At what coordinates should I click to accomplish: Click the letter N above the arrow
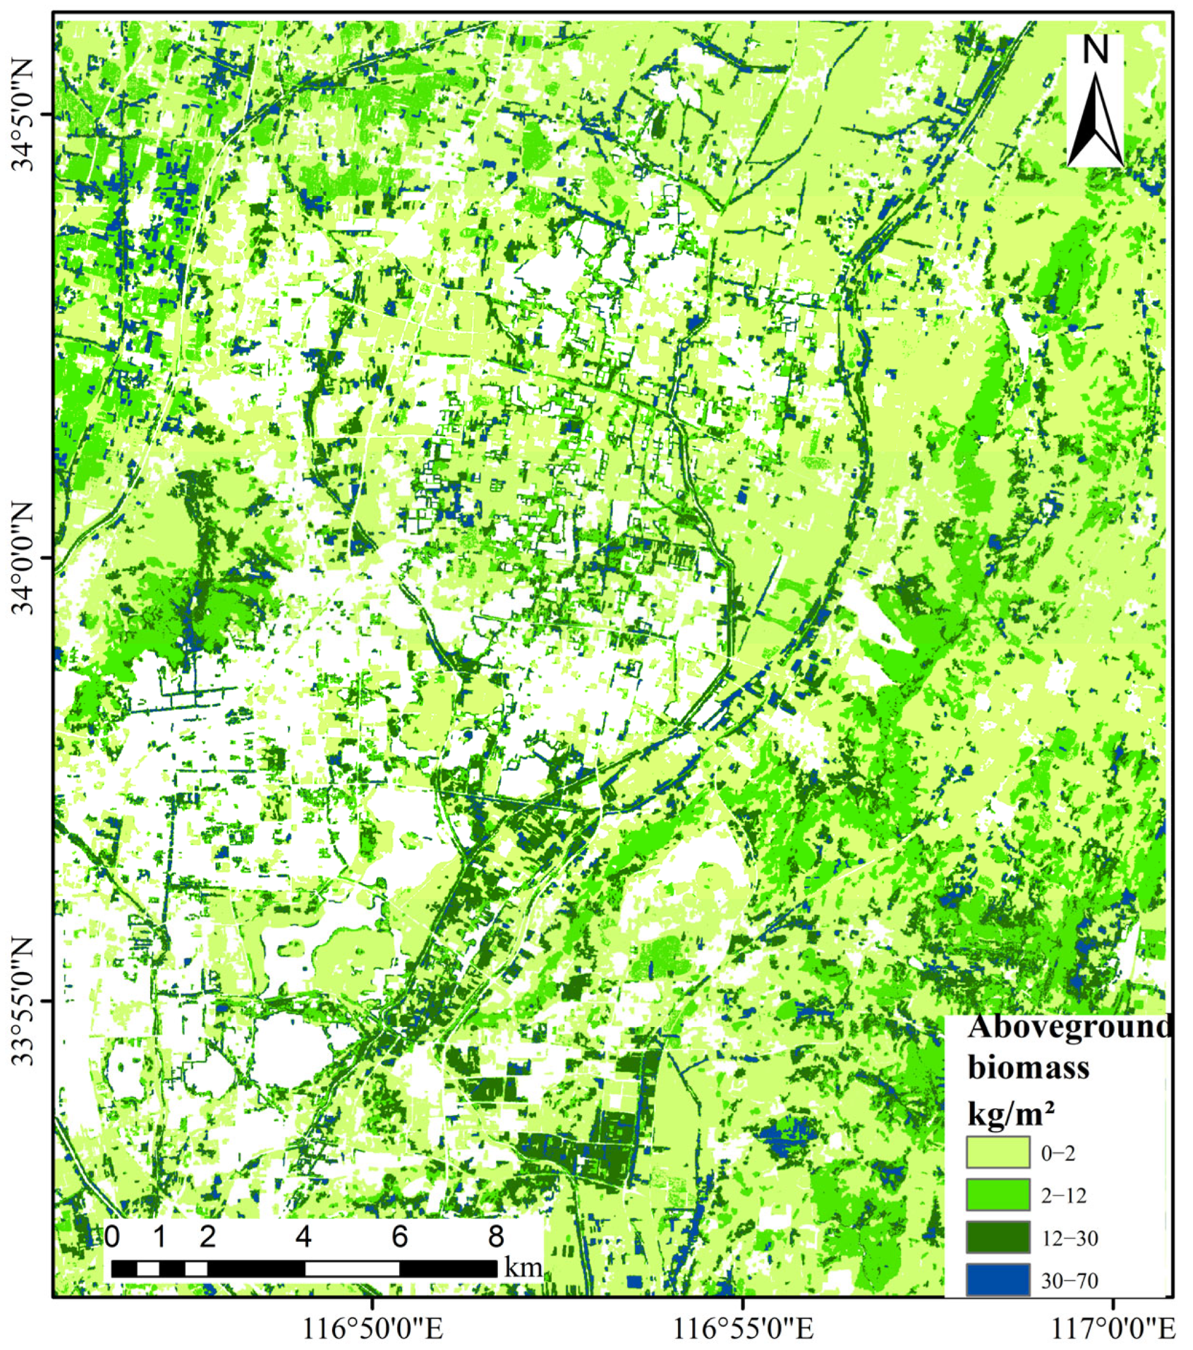1095,50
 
